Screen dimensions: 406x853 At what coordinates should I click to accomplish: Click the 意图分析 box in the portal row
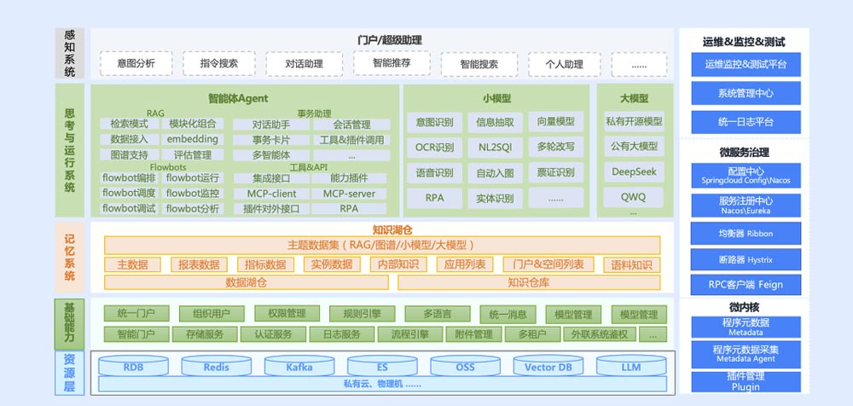point(136,64)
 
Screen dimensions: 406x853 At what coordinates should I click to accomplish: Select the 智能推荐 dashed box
point(392,63)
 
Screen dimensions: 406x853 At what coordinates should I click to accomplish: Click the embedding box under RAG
point(192,139)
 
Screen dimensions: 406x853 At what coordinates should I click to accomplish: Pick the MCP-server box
point(348,194)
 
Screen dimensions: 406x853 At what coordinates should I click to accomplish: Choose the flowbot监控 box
point(192,194)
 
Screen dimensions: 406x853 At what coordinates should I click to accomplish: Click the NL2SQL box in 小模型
point(495,147)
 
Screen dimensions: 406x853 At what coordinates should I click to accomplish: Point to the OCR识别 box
point(434,147)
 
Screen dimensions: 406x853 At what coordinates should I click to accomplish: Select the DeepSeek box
point(634,171)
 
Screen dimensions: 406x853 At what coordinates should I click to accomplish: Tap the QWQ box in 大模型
point(634,197)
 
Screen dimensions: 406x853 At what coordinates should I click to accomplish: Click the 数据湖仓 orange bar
point(246,282)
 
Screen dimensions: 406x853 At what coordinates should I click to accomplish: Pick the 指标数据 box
point(264,264)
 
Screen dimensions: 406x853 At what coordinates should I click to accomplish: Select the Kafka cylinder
point(299,367)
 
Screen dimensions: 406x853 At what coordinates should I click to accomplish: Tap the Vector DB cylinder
point(548,367)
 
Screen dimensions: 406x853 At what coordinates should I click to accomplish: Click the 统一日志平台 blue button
point(746,122)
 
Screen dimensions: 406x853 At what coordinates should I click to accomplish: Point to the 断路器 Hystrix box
point(746,258)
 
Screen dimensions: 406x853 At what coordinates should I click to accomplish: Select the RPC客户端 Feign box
point(746,285)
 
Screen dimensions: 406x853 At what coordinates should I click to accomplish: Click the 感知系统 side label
point(70,54)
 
